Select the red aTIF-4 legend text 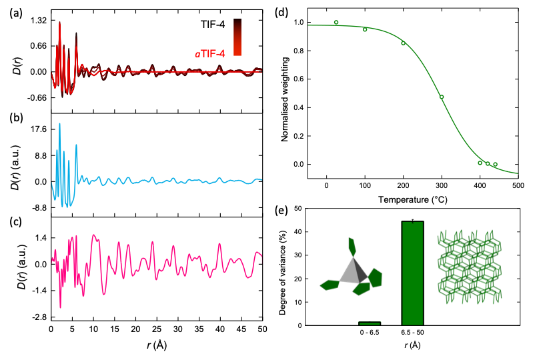click(x=213, y=50)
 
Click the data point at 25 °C click(x=336, y=22)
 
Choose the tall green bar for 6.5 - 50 click(x=412, y=273)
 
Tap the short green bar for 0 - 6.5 click(x=369, y=323)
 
